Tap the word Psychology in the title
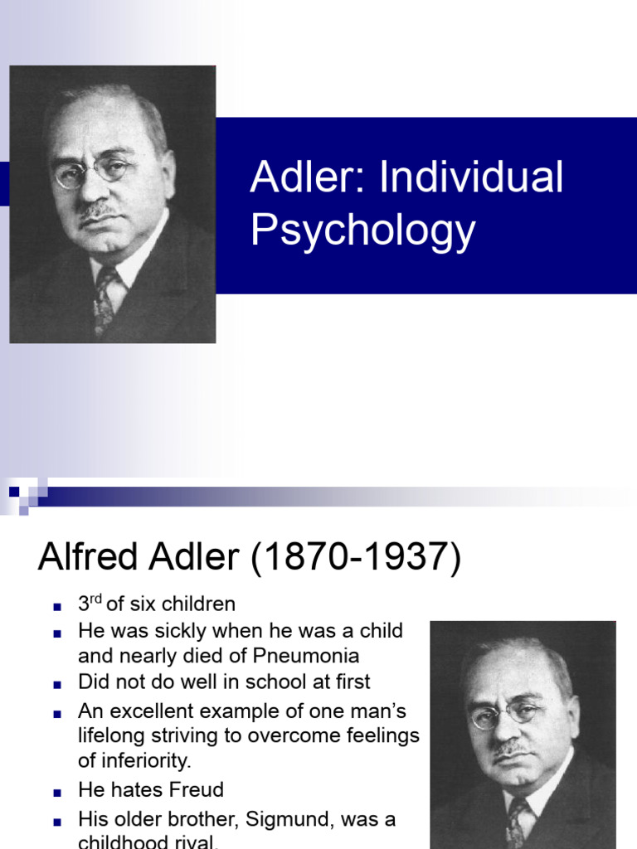362,230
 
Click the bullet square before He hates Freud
57,791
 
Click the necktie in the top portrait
105,299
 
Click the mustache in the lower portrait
512,749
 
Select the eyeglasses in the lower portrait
507,714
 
